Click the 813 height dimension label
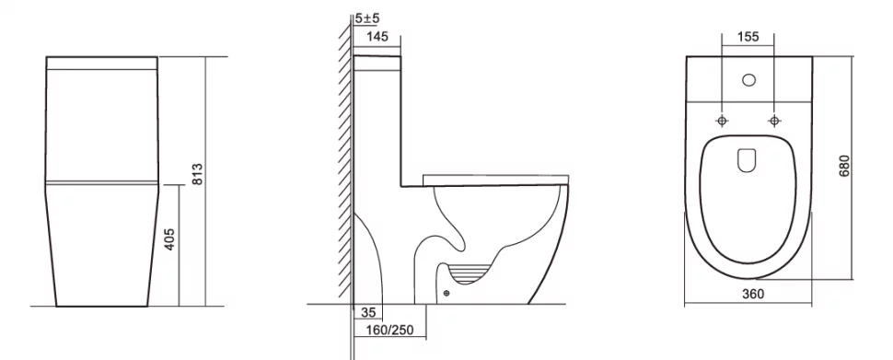[197, 174]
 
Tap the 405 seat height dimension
[169, 239]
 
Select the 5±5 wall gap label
[367, 18]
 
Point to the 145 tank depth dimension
[377, 37]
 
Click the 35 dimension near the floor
[368, 313]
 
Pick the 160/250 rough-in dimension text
[390, 330]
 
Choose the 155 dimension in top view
[748, 37]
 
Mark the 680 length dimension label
[844, 165]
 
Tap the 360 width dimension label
[753, 295]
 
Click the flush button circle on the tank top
[748, 80]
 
